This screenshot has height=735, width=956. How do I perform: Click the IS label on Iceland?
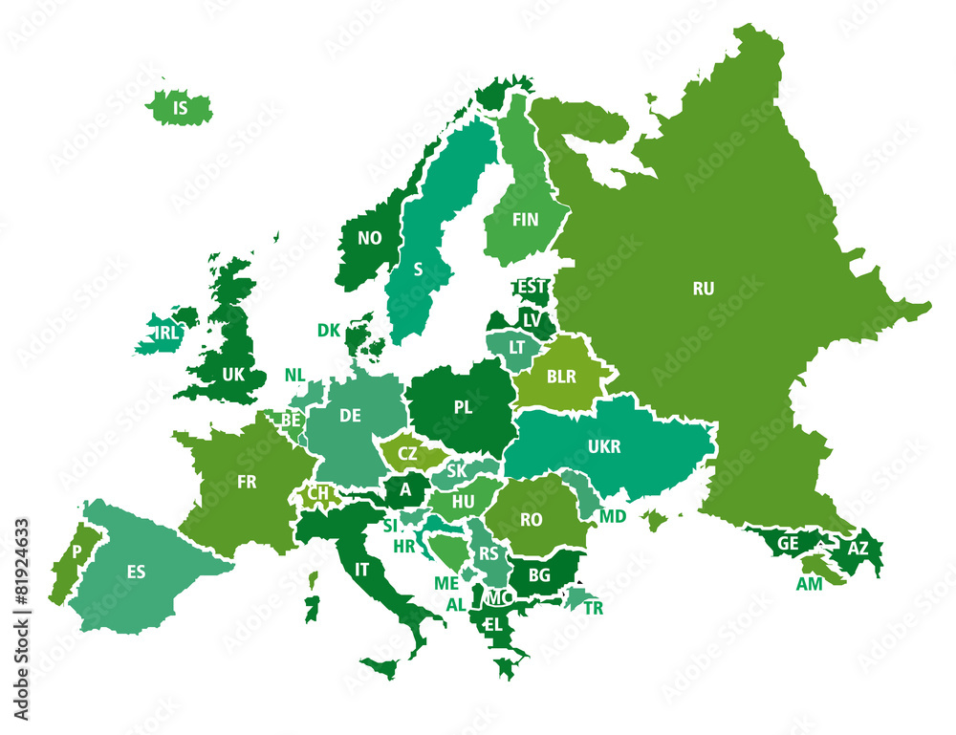tap(180, 109)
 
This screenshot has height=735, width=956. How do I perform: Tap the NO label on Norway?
tap(369, 238)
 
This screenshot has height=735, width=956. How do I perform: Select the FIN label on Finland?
tap(525, 220)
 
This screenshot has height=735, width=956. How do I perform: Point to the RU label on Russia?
tap(703, 287)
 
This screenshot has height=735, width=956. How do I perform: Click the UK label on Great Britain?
tap(233, 375)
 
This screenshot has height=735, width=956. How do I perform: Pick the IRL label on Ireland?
tap(166, 333)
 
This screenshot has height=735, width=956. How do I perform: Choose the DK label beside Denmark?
tap(329, 330)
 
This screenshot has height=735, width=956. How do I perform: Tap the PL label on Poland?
tap(463, 407)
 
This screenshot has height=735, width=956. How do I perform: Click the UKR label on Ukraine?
tap(604, 446)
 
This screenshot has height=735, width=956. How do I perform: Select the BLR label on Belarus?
tap(561, 377)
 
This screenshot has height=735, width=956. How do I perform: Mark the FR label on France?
tap(247, 482)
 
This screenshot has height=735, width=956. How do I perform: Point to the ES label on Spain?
tap(136, 572)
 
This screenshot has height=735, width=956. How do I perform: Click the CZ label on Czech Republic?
tap(407, 453)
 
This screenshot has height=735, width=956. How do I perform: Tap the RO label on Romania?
tap(532, 520)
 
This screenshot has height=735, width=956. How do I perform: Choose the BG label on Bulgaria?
tap(539, 575)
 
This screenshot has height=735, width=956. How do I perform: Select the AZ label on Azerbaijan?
tap(858, 549)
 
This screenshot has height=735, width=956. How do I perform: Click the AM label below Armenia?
tap(809, 584)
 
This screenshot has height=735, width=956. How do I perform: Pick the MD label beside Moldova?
tap(613, 516)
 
